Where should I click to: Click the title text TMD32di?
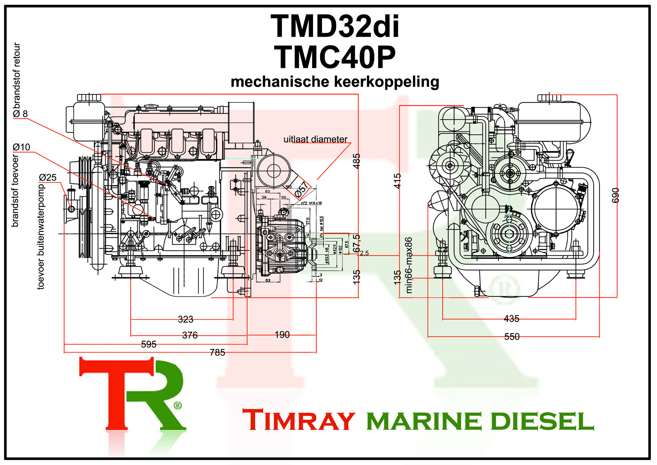[335, 27]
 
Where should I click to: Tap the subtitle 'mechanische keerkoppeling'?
[335, 82]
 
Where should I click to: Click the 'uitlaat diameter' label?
[315, 139]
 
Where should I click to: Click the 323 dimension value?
[185, 319]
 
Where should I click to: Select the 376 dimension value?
[190, 335]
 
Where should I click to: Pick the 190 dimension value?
[282, 335]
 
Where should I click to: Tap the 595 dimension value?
[149, 344]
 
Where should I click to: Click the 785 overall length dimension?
[217, 353]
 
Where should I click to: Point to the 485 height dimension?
[356, 161]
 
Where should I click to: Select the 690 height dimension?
[615, 195]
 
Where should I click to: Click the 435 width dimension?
[512, 319]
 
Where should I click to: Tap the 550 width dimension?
[512, 337]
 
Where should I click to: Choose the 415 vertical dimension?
[397, 181]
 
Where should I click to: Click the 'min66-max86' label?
[409, 265]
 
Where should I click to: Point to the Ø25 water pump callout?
[48, 178]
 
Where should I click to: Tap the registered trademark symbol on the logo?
[178, 406]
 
